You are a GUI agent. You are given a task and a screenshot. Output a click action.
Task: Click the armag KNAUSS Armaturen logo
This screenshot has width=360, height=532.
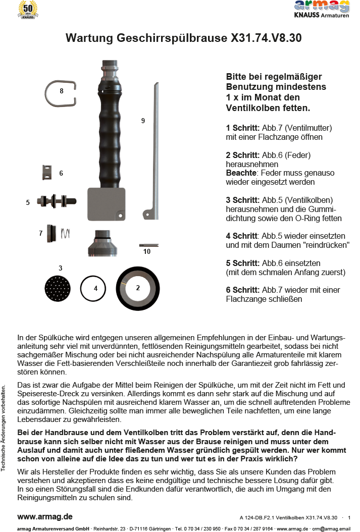pos(322,9)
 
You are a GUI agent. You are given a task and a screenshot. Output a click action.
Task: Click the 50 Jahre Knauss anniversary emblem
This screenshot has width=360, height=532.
pos(28,10)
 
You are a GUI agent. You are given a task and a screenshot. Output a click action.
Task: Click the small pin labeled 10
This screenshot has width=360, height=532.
pos(148,245)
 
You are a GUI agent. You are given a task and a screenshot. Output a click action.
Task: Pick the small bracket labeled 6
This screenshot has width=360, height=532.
pos(47,173)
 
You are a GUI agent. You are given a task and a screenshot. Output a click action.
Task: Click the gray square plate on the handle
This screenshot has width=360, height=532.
pos(107,204)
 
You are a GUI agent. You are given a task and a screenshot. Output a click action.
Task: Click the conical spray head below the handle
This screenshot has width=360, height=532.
pos(104,244)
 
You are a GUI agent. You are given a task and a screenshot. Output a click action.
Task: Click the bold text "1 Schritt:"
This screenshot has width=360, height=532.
pos(243,128)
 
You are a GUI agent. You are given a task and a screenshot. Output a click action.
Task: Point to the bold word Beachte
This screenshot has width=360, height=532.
pos(241,173)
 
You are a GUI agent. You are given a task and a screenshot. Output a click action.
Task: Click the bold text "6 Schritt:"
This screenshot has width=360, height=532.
pos(243,290)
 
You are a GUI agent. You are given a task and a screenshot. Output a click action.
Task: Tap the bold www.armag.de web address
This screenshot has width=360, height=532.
pos(45,516)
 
